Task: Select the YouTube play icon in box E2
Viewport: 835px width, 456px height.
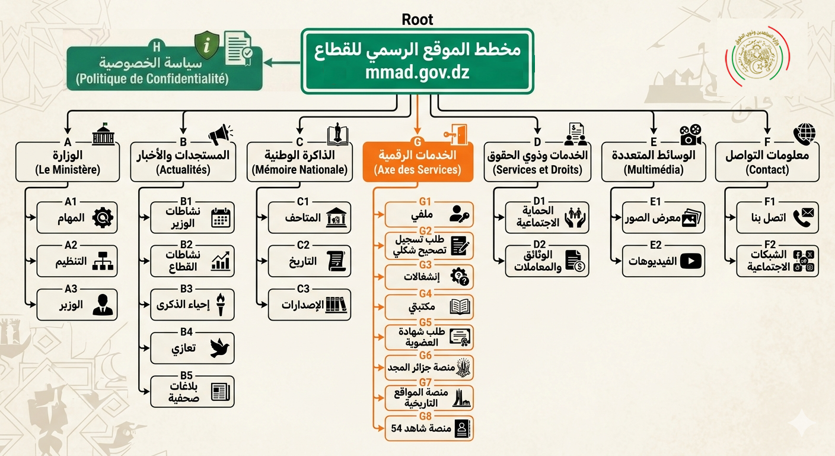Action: coord(690,261)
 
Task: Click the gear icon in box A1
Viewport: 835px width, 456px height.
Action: coord(103,218)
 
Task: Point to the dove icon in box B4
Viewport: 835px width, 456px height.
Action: coord(220,349)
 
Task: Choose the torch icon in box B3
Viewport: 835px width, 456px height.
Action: coord(221,305)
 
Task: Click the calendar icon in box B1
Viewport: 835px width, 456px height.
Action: coord(221,218)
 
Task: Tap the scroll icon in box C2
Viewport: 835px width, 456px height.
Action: coord(336,261)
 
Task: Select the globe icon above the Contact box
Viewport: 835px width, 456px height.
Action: coord(804,134)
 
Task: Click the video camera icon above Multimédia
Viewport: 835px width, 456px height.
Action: coord(690,135)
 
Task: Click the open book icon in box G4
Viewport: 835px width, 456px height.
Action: coord(460,307)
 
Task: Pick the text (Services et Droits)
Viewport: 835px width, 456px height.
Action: coord(537,170)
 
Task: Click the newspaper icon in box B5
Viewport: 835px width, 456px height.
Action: coord(220,392)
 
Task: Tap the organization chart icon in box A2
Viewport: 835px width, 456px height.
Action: coord(103,261)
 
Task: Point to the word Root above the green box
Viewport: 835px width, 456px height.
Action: coord(417,20)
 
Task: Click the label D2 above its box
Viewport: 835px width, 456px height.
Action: coord(539,245)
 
